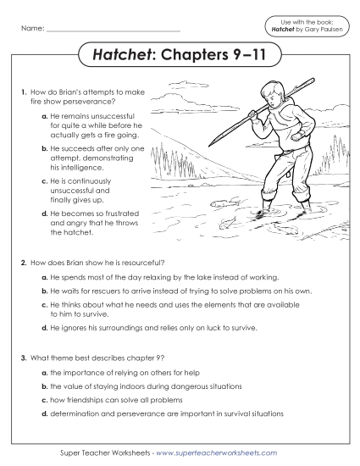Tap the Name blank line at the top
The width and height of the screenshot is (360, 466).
(x=114, y=32)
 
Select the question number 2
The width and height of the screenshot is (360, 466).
(x=24, y=264)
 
